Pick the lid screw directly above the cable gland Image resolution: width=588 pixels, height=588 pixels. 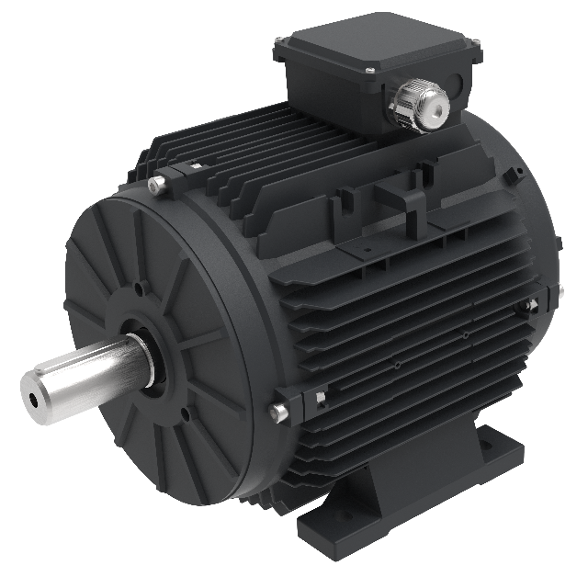pos(368,70)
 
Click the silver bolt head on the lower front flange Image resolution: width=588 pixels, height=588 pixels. pos(278,412)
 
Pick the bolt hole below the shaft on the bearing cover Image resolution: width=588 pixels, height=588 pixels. pos(186,414)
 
